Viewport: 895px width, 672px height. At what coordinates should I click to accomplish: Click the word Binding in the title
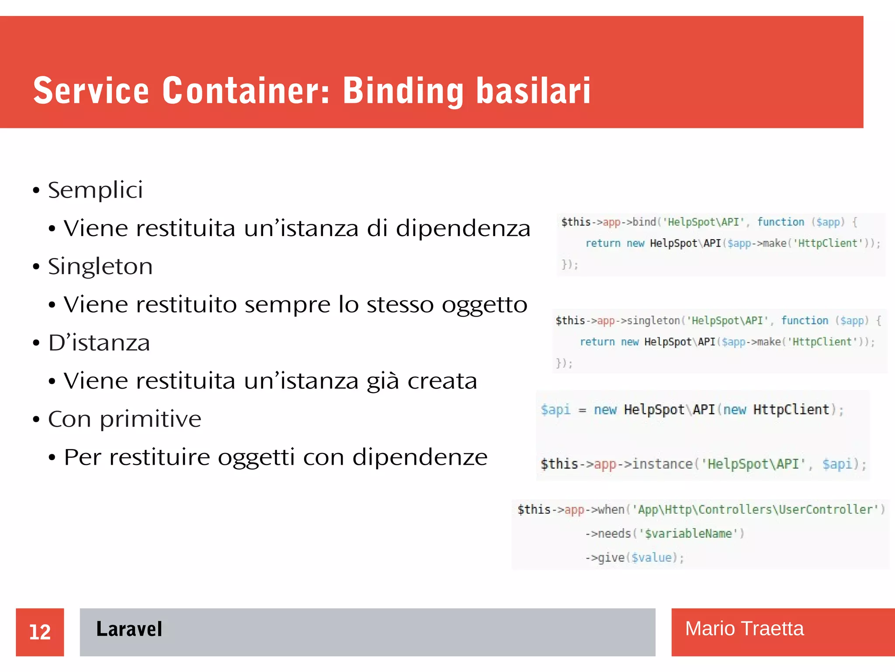402,91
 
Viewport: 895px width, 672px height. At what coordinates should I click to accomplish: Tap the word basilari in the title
533,91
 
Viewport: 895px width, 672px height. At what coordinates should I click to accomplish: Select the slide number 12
40,632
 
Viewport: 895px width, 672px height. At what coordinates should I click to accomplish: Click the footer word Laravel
129,630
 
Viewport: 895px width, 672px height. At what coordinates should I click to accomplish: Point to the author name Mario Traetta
744,629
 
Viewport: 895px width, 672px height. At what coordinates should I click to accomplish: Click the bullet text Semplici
95,191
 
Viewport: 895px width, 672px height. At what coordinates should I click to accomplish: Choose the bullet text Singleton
101,267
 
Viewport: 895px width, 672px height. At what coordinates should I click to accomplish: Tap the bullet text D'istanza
99,343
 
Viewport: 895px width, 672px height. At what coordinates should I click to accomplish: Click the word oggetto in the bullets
484,305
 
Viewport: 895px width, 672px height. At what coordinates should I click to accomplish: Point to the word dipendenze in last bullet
420,457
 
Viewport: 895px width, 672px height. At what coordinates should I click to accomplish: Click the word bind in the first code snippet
644,222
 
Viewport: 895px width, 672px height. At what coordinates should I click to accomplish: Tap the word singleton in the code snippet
653,320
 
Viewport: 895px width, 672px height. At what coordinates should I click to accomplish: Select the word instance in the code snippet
662,464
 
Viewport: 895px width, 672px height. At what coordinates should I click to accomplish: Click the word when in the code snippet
611,510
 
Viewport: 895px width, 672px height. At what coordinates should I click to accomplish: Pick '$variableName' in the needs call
688,534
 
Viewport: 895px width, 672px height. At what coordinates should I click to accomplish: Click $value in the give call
651,558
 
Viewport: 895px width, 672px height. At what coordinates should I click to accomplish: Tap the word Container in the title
246,91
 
